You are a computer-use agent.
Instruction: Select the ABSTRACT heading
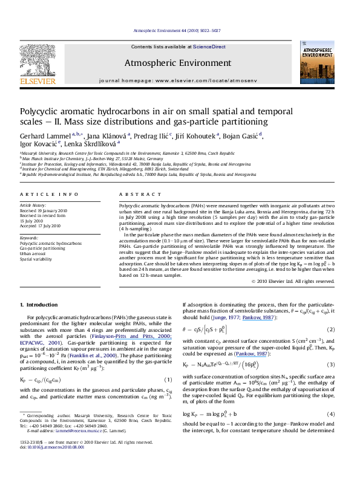coord(134,193)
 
